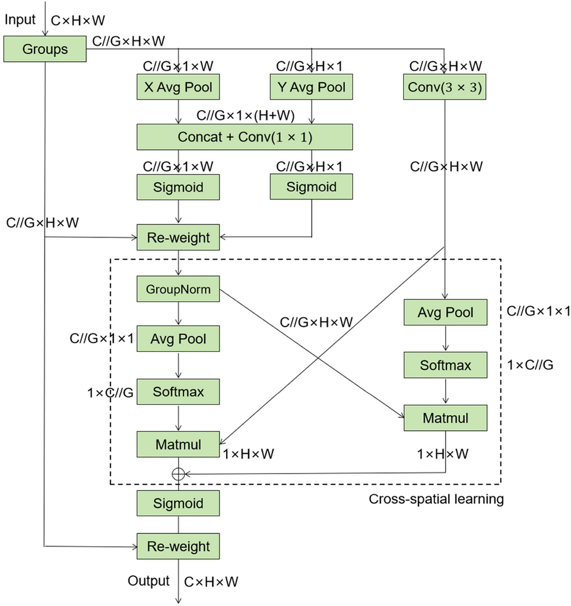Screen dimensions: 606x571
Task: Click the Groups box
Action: pyautogui.click(x=45, y=49)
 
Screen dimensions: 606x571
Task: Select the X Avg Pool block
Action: pyautogui.click(x=178, y=87)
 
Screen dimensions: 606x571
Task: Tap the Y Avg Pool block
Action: pyautogui.click(x=311, y=87)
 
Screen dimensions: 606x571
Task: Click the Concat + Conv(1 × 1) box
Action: pyautogui.click(x=245, y=137)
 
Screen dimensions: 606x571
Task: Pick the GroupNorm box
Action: pyautogui.click(x=178, y=290)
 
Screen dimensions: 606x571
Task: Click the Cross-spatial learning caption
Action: pyautogui.click(x=436, y=499)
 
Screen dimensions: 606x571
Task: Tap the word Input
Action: pyautogui.click(x=20, y=20)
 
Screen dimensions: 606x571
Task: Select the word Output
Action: pyautogui.click(x=149, y=580)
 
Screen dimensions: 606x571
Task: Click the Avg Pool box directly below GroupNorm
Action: pyautogui.click(x=178, y=339)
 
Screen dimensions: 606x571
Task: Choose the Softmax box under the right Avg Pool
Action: pyautogui.click(x=445, y=365)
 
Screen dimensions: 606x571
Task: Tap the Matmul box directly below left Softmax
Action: pyautogui.click(x=178, y=444)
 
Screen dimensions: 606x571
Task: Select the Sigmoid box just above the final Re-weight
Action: pyautogui.click(x=178, y=504)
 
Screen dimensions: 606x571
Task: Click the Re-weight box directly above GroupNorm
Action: pyautogui.click(x=178, y=237)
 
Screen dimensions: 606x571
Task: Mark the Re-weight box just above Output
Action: pyautogui.click(x=178, y=545)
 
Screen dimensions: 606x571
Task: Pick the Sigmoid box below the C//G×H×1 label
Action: pyautogui.click(x=311, y=187)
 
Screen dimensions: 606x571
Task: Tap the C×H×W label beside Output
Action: pyautogui.click(x=211, y=582)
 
